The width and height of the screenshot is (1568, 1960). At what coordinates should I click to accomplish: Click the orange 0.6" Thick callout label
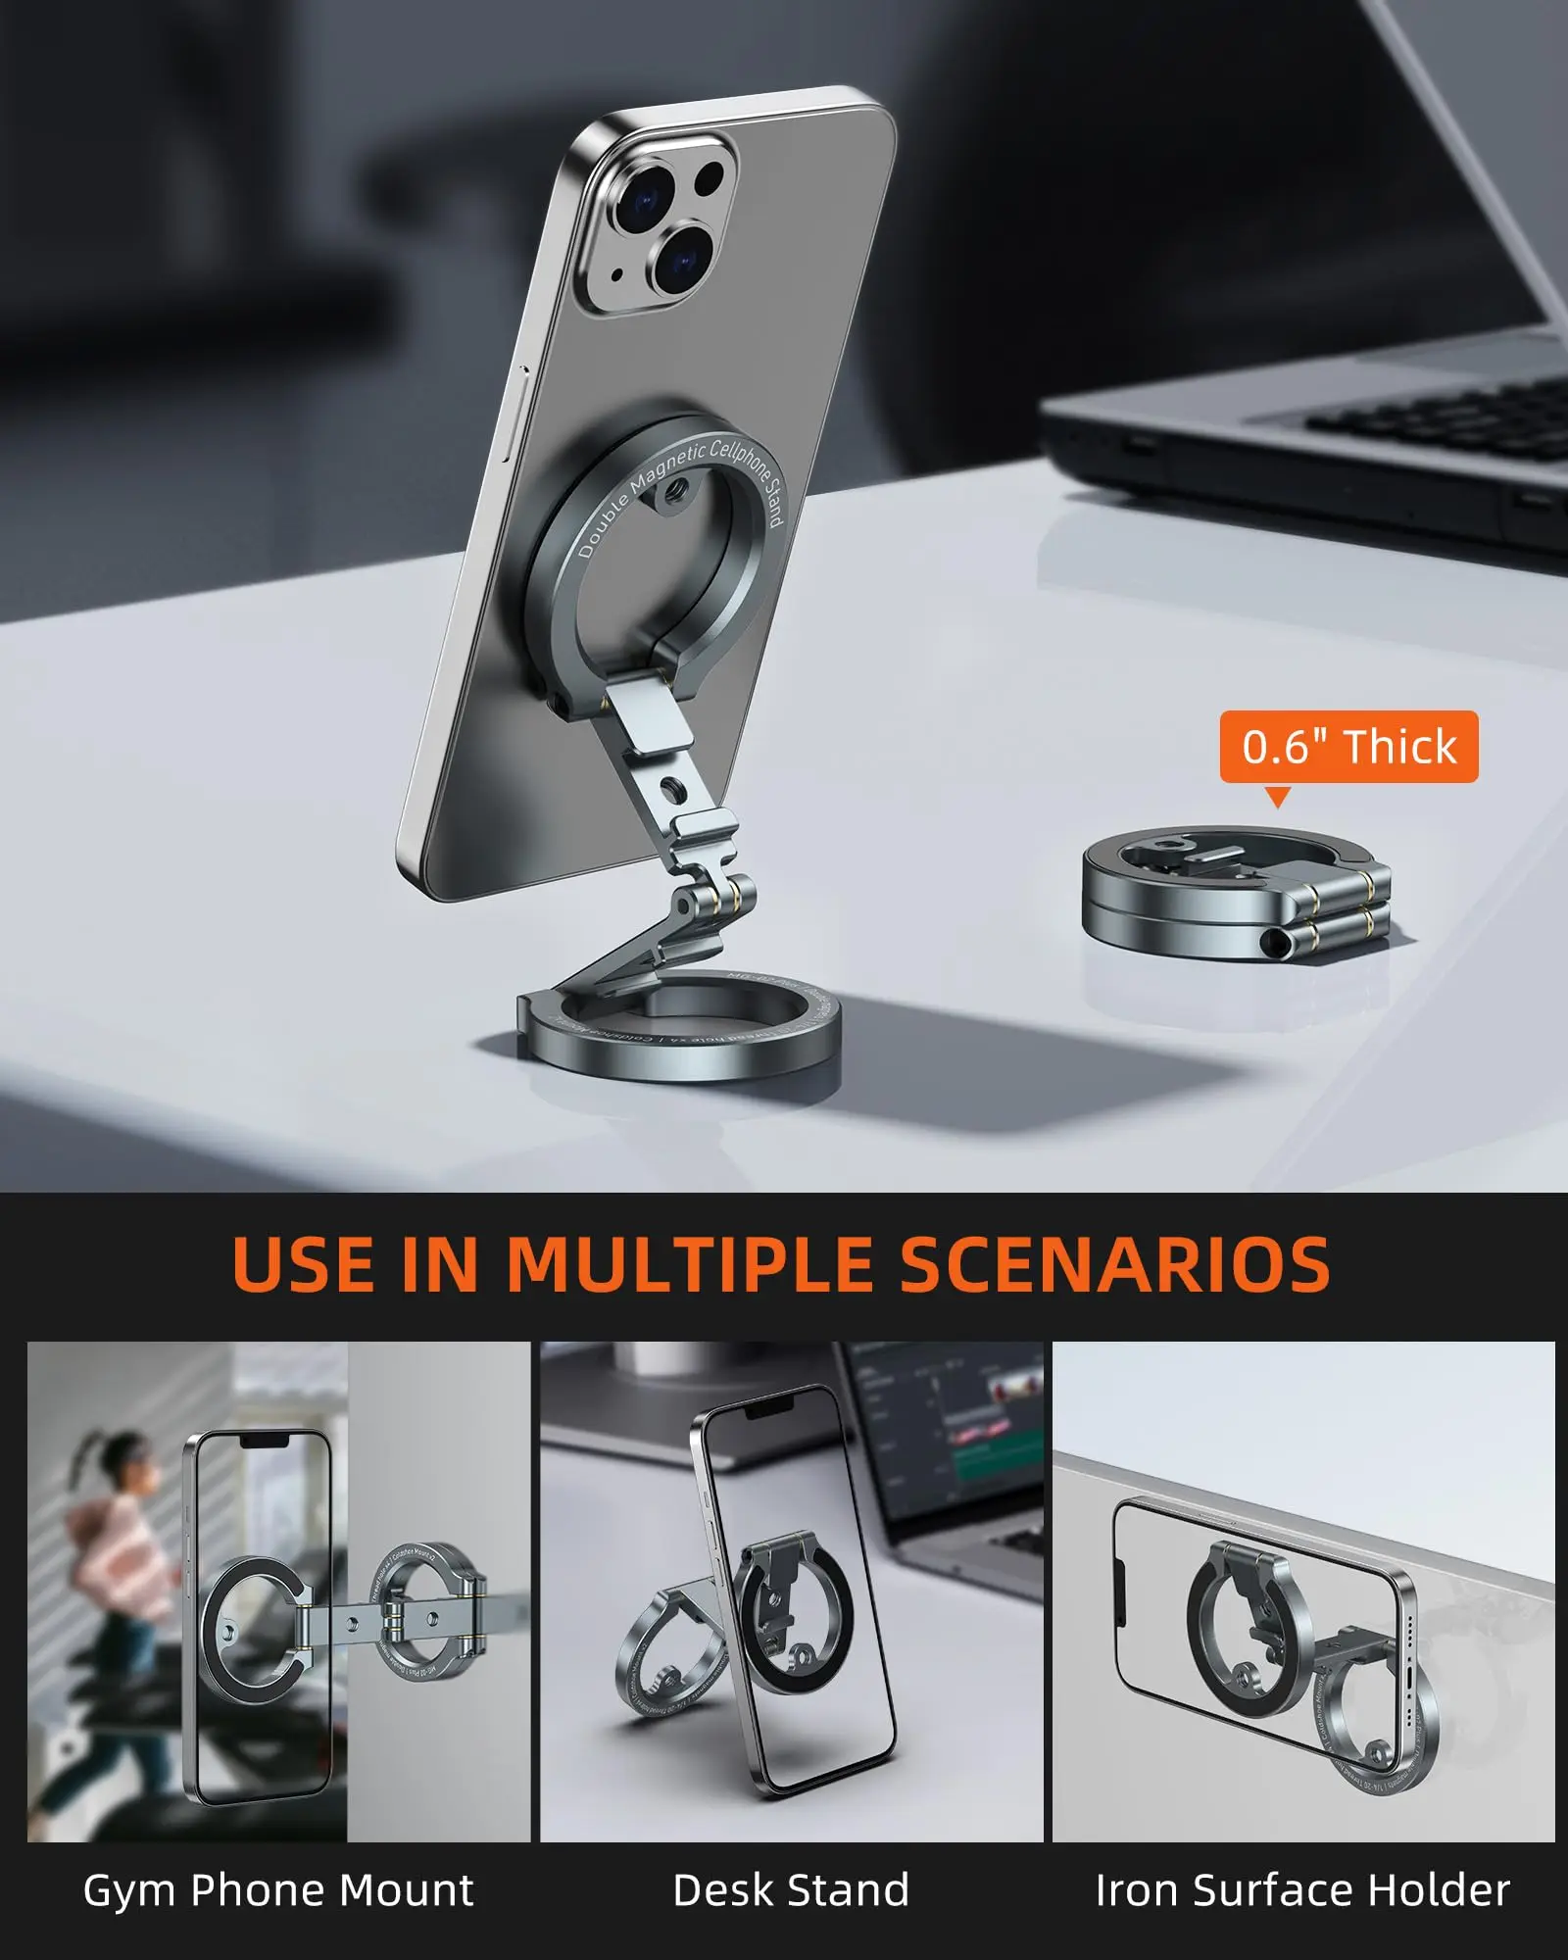[x=1348, y=747]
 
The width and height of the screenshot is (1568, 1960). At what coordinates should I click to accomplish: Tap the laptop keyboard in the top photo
[x=1441, y=421]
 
